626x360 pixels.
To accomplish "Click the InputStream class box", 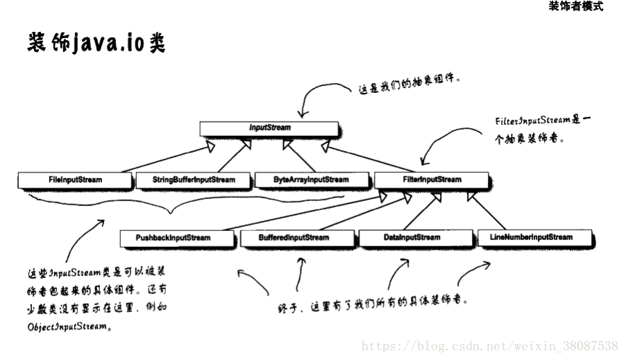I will pos(269,128).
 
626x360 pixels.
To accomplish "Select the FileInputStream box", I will pos(75,180).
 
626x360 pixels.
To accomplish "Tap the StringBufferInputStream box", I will pos(194,180).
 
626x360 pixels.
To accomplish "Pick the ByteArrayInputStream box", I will pos(312,180).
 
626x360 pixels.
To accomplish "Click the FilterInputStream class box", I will pos(431,180).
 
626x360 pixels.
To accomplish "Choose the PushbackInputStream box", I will pos(174,238).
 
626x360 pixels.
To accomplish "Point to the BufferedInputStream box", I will pos(294,238).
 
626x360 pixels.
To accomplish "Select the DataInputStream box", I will pos(412,238).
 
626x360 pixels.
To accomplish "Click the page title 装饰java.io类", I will pos(96,43).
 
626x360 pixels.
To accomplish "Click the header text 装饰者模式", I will pos(575,7).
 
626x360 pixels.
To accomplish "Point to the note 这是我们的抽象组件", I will pos(410,86).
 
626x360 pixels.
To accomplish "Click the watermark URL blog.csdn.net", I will pos(490,345).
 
